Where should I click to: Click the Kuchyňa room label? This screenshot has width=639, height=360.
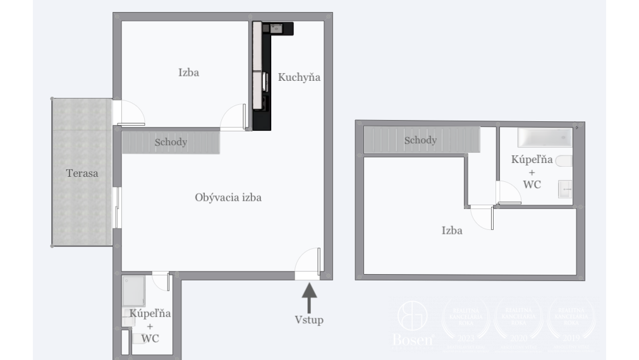click(x=300, y=78)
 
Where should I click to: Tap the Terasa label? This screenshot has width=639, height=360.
click(x=82, y=172)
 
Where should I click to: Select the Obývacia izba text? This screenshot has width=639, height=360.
click(x=228, y=198)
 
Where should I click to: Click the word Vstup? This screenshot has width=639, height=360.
click(x=309, y=320)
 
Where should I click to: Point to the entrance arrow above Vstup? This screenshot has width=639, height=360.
click(x=309, y=297)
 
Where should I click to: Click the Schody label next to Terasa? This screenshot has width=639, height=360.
click(x=171, y=142)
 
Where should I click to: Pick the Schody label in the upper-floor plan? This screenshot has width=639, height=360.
click(x=420, y=140)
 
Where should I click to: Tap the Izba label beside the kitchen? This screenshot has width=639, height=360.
click(x=188, y=72)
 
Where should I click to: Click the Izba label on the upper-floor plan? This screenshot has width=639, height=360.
click(x=451, y=231)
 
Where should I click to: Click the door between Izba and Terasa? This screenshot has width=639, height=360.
click(x=129, y=112)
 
